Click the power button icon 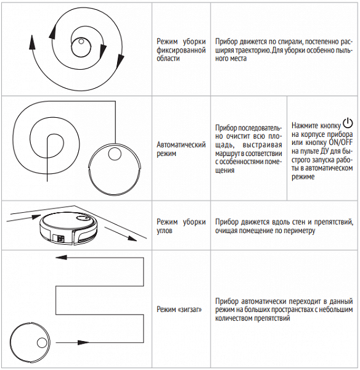[x=348, y=123]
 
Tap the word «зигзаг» [x=190, y=309]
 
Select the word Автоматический [x=181, y=144]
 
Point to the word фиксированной [x=181, y=50]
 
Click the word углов [x=165, y=231]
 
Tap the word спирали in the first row [x=290, y=42]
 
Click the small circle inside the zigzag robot [x=42, y=343]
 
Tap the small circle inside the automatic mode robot [x=115, y=154]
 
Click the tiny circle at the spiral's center [x=81, y=41]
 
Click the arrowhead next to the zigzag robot [x=83, y=342]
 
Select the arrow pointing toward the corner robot [x=23, y=218]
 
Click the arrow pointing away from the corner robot [x=120, y=234]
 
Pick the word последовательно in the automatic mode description [x=248, y=132]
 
